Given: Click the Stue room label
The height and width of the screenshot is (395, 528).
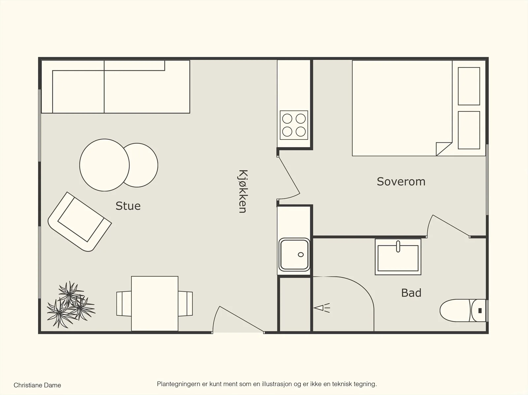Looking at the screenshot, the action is [x=128, y=206].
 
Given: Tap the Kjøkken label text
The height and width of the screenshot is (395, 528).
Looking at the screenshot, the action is [x=243, y=192].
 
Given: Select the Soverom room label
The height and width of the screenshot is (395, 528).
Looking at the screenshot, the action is [x=401, y=182].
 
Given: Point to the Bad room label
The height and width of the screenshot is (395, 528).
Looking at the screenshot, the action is [x=411, y=293].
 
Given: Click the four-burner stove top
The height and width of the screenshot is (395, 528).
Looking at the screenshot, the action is [x=294, y=125].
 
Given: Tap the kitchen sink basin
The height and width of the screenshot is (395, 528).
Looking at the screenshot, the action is [x=294, y=255].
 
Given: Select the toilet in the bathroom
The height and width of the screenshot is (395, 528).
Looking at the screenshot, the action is [x=463, y=310].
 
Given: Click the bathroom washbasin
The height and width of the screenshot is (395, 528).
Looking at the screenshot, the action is [x=398, y=257].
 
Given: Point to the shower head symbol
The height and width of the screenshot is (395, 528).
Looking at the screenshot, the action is [x=322, y=308].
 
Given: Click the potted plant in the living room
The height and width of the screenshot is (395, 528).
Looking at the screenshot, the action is [x=71, y=305].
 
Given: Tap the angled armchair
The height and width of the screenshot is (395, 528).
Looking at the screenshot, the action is [x=80, y=222].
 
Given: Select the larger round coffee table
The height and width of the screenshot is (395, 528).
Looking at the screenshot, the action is [x=104, y=165].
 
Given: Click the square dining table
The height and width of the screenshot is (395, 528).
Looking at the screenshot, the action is [x=155, y=304].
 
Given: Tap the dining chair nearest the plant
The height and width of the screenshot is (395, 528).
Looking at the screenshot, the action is [x=124, y=303].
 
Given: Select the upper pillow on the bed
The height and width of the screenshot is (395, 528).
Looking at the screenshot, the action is [x=469, y=86].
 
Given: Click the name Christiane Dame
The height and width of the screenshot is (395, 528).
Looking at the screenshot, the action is [x=37, y=385].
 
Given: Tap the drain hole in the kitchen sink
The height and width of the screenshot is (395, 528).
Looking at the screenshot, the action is [x=301, y=255].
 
